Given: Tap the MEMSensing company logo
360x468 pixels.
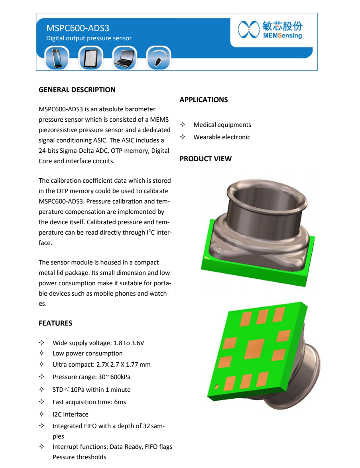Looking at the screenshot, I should point(270,30).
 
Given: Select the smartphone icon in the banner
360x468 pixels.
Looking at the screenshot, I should point(56,58).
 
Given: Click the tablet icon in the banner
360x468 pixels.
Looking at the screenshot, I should point(90,58).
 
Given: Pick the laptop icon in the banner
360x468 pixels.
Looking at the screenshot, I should point(124,58).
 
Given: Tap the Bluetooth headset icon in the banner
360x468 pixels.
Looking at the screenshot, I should point(158,58).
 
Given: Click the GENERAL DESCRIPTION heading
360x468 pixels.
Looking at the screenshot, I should point(77,90).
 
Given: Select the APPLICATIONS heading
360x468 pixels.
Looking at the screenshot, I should point(203,100).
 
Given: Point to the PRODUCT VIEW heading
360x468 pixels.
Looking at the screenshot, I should point(205,159).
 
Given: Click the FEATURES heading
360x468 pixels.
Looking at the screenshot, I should point(55,323).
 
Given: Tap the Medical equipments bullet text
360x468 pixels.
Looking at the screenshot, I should point(222,125).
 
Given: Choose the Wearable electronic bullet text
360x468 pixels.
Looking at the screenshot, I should point(222,137).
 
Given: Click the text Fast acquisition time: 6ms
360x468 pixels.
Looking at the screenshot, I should point(89,402).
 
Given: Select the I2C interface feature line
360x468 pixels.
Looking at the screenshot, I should point(70,415).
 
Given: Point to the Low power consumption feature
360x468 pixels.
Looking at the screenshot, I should point(87,353).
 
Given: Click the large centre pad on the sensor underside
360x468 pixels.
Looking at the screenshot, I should point(254,349).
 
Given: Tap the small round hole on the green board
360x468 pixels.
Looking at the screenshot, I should point(216,386).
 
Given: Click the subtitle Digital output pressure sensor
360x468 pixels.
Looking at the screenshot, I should point(89,38).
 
